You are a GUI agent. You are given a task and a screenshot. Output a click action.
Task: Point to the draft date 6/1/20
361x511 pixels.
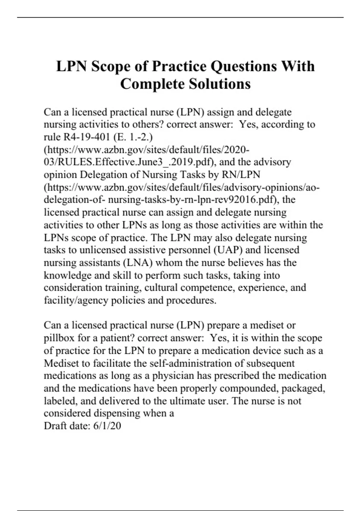click(x=107, y=426)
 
